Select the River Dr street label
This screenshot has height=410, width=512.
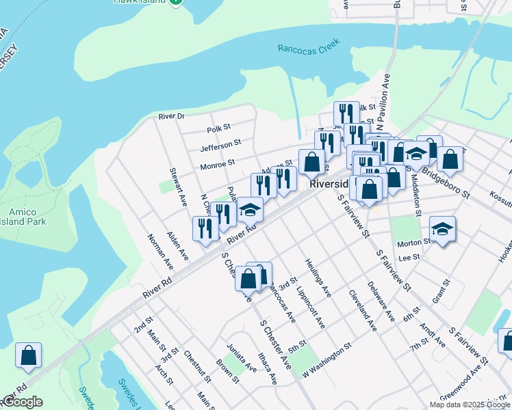coord(171,116)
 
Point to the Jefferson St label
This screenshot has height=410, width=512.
coord(220,146)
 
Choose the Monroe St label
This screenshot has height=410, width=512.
coord(217,163)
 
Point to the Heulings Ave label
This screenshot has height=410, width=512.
coord(318,281)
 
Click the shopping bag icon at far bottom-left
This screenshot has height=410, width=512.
coord(28,355)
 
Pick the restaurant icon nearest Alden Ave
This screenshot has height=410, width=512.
coord(205,229)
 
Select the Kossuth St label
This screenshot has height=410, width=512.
coord(499,196)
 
